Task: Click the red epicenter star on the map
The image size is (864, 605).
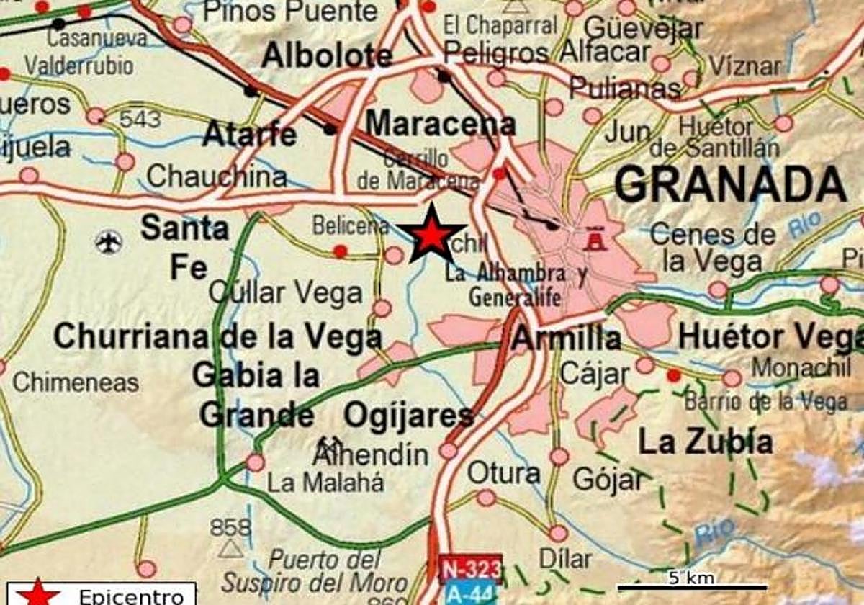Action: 431,235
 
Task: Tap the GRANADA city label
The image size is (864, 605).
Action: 729,184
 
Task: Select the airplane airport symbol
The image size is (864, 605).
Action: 109,242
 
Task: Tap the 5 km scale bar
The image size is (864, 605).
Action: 692,586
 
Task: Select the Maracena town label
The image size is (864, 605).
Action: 440,123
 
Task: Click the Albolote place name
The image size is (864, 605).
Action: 328,55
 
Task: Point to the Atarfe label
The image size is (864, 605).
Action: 250,134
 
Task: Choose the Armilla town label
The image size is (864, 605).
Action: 567,338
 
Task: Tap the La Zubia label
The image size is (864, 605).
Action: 706,442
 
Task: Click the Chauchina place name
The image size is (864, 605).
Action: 217,176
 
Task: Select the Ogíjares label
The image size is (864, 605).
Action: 408,416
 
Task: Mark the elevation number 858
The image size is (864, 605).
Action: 230,527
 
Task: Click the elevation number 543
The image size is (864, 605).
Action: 140,119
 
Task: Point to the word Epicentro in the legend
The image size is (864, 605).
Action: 131,596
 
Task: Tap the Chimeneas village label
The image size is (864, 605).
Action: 76,382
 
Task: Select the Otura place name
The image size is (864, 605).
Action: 503,473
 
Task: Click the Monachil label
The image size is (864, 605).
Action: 801,367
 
